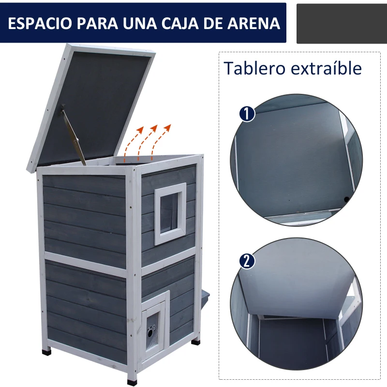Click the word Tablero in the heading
tap(254, 68)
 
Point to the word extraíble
tap(327, 68)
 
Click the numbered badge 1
tap(247, 114)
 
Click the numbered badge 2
tap(247, 261)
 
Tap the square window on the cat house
tap(170, 213)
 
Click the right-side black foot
tap(195, 341)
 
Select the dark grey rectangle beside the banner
tap(341, 23)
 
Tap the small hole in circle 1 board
tap(346, 199)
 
